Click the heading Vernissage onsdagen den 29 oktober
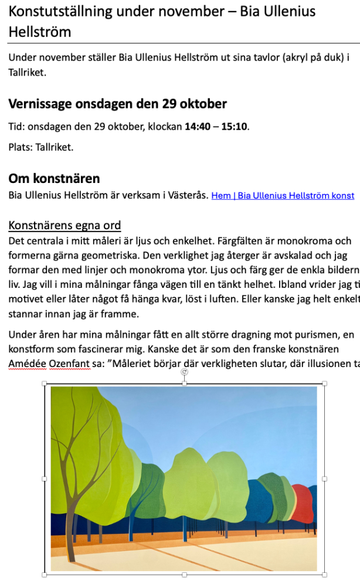pyautogui.click(x=117, y=104)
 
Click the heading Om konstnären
pyautogui.click(x=54, y=178)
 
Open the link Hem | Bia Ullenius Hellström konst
pyautogui.click(x=283, y=195)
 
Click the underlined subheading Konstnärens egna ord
pyautogui.click(x=64, y=226)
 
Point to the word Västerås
pyautogui.click(x=189, y=195)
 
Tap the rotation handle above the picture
pyautogui.click(x=185, y=372)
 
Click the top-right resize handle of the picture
pyautogui.click(x=325, y=383)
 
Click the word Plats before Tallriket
pyautogui.click(x=20, y=147)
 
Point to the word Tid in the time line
pyautogui.click(x=16, y=126)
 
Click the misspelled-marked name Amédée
pyautogui.click(x=28, y=363)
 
